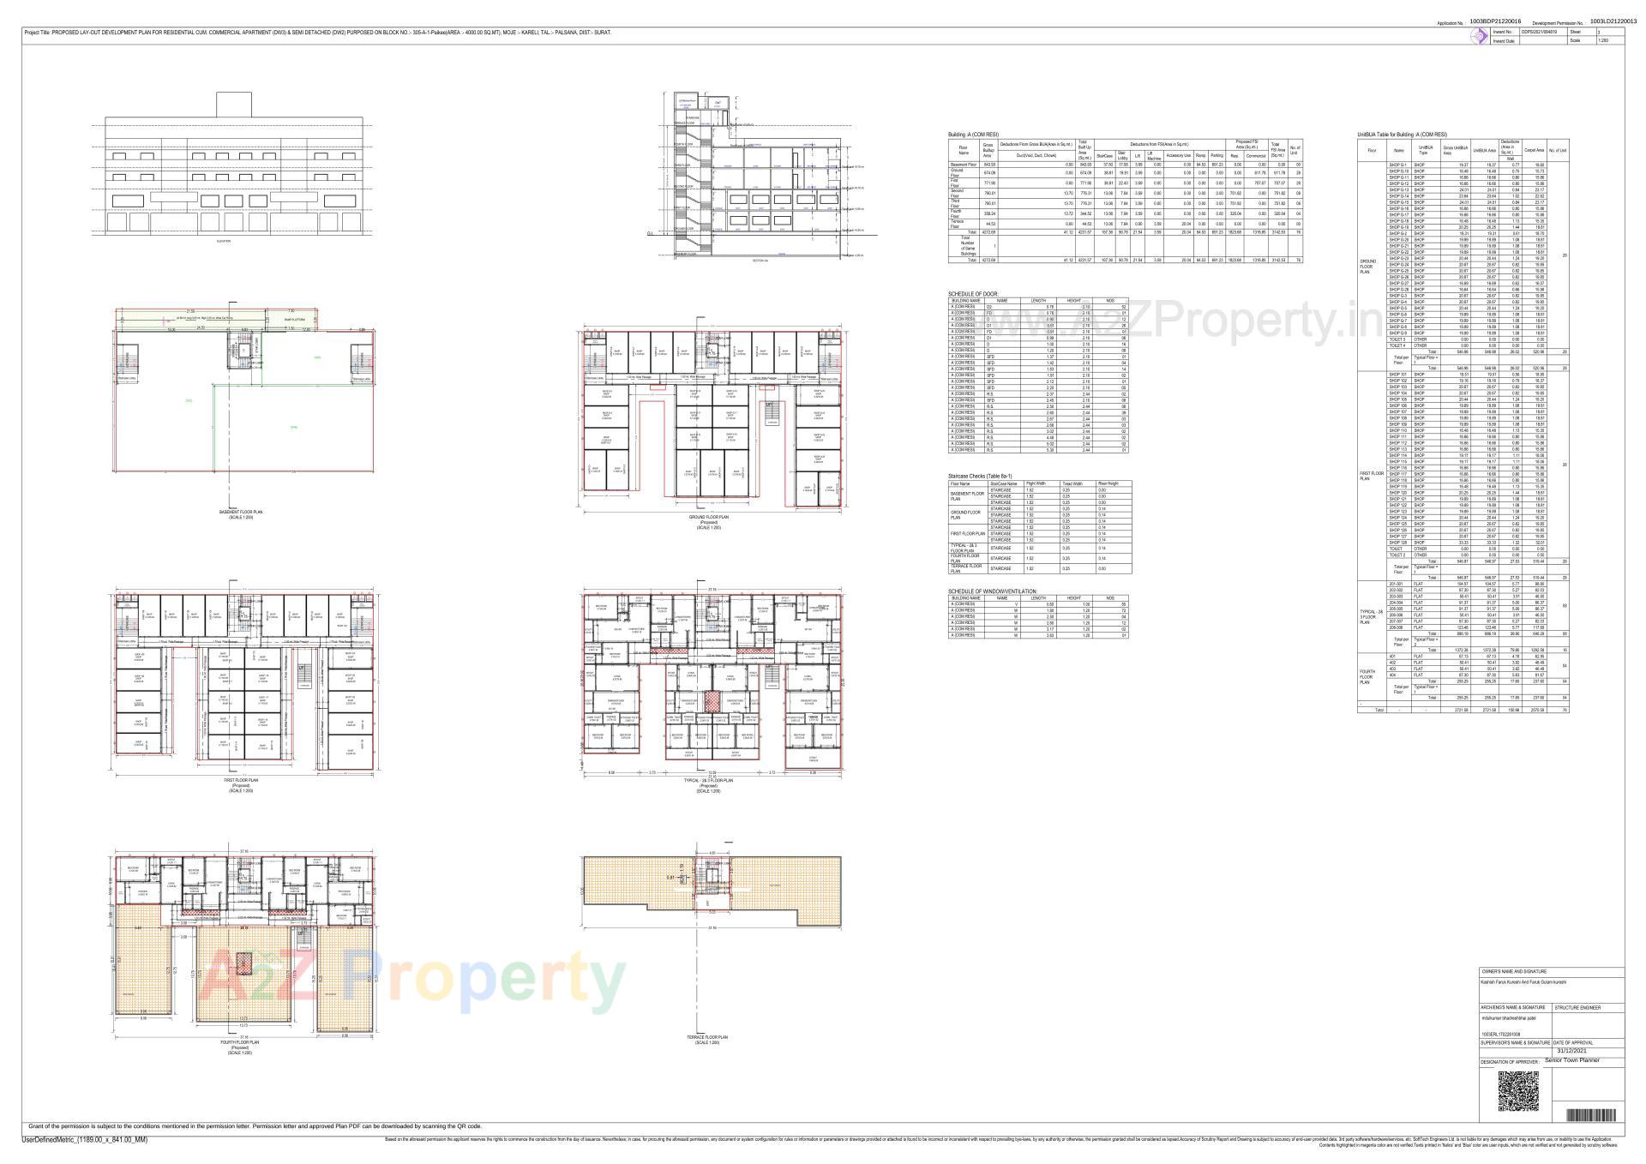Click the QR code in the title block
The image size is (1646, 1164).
(1518, 1091)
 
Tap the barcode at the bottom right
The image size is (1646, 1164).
(1592, 1115)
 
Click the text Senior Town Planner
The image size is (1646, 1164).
(1572, 1060)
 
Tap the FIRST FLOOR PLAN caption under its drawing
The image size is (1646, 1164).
(240, 781)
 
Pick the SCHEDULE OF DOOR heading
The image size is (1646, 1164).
(973, 294)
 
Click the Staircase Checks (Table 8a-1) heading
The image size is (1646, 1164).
(980, 476)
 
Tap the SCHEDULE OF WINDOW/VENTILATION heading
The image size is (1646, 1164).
(992, 591)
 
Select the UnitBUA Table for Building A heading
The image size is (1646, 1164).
(1401, 135)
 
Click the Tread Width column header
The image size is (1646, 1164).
(1072, 483)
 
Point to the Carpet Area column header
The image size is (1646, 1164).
(1534, 150)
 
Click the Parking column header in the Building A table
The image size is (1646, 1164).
(1216, 155)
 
